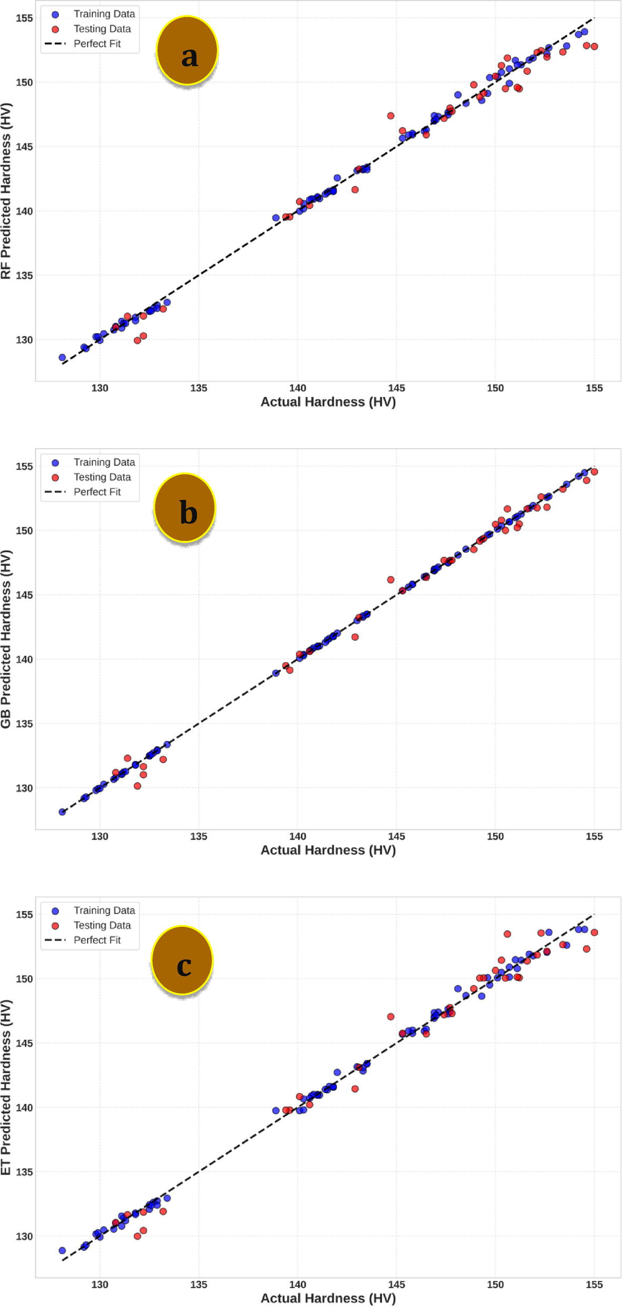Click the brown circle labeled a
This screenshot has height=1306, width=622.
point(187,51)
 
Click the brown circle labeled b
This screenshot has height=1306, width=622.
point(185,508)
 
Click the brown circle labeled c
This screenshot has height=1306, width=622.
point(182,960)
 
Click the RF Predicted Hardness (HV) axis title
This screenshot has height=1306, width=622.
point(6,191)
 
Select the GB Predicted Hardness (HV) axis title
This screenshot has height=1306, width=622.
point(6,639)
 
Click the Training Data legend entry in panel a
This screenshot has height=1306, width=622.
point(104,14)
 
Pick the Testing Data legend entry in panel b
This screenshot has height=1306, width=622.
point(102,477)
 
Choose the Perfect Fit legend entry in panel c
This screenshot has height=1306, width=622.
point(97,940)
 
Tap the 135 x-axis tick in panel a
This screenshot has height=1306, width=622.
point(199,388)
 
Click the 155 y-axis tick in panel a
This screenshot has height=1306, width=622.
point(24,18)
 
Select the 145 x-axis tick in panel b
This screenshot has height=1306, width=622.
point(397,836)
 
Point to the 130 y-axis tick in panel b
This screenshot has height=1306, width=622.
point(24,788)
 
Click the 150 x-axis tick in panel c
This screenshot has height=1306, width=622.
point(495,1284)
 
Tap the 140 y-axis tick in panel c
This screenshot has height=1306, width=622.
point(24,1107)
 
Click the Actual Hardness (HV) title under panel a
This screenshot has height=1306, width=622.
point(328,402)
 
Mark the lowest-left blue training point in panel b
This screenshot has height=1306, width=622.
point(62,812)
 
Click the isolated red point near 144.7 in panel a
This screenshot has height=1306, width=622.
point(391,116)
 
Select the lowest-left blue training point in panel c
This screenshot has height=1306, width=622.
point(62,1251)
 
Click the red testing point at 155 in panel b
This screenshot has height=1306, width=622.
point(595,472)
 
